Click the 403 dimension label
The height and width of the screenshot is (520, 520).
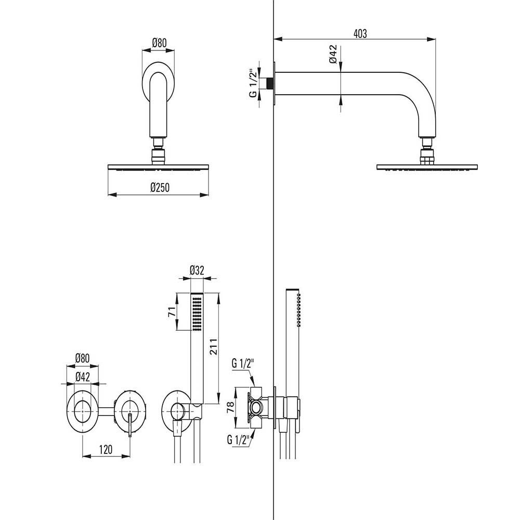[x=360, y=33]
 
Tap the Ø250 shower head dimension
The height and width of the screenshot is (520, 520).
[x=160, y=187]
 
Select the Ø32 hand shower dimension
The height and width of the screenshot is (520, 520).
[x=197, y=270]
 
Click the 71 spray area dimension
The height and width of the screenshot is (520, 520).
[x=172, y=312]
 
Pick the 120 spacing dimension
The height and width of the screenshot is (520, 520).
[x=106, y=449]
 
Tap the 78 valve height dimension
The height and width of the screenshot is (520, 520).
[x=231, y=407]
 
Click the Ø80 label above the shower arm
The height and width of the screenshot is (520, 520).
[x=159, y=43]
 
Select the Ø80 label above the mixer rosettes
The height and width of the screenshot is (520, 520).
[x=82, y=358]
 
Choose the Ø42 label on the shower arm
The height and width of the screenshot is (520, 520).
[x=333, y=54]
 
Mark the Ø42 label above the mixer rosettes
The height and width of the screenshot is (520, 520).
[x=83, y=376]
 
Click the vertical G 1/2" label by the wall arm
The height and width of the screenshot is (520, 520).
[x=253, y=83]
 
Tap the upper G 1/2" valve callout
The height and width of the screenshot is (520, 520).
[x=242, y=363]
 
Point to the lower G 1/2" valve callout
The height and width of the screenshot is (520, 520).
[x=238, y=440]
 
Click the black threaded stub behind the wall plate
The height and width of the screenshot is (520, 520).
[x=270, y=83]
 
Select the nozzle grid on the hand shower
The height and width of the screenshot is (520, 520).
[x=197, y=314]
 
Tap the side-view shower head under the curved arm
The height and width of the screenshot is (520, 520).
[x=427, y=167]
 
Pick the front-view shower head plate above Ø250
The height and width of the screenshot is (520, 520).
[x=158, y=167]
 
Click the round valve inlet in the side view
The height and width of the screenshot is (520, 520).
[x=256, y=408]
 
